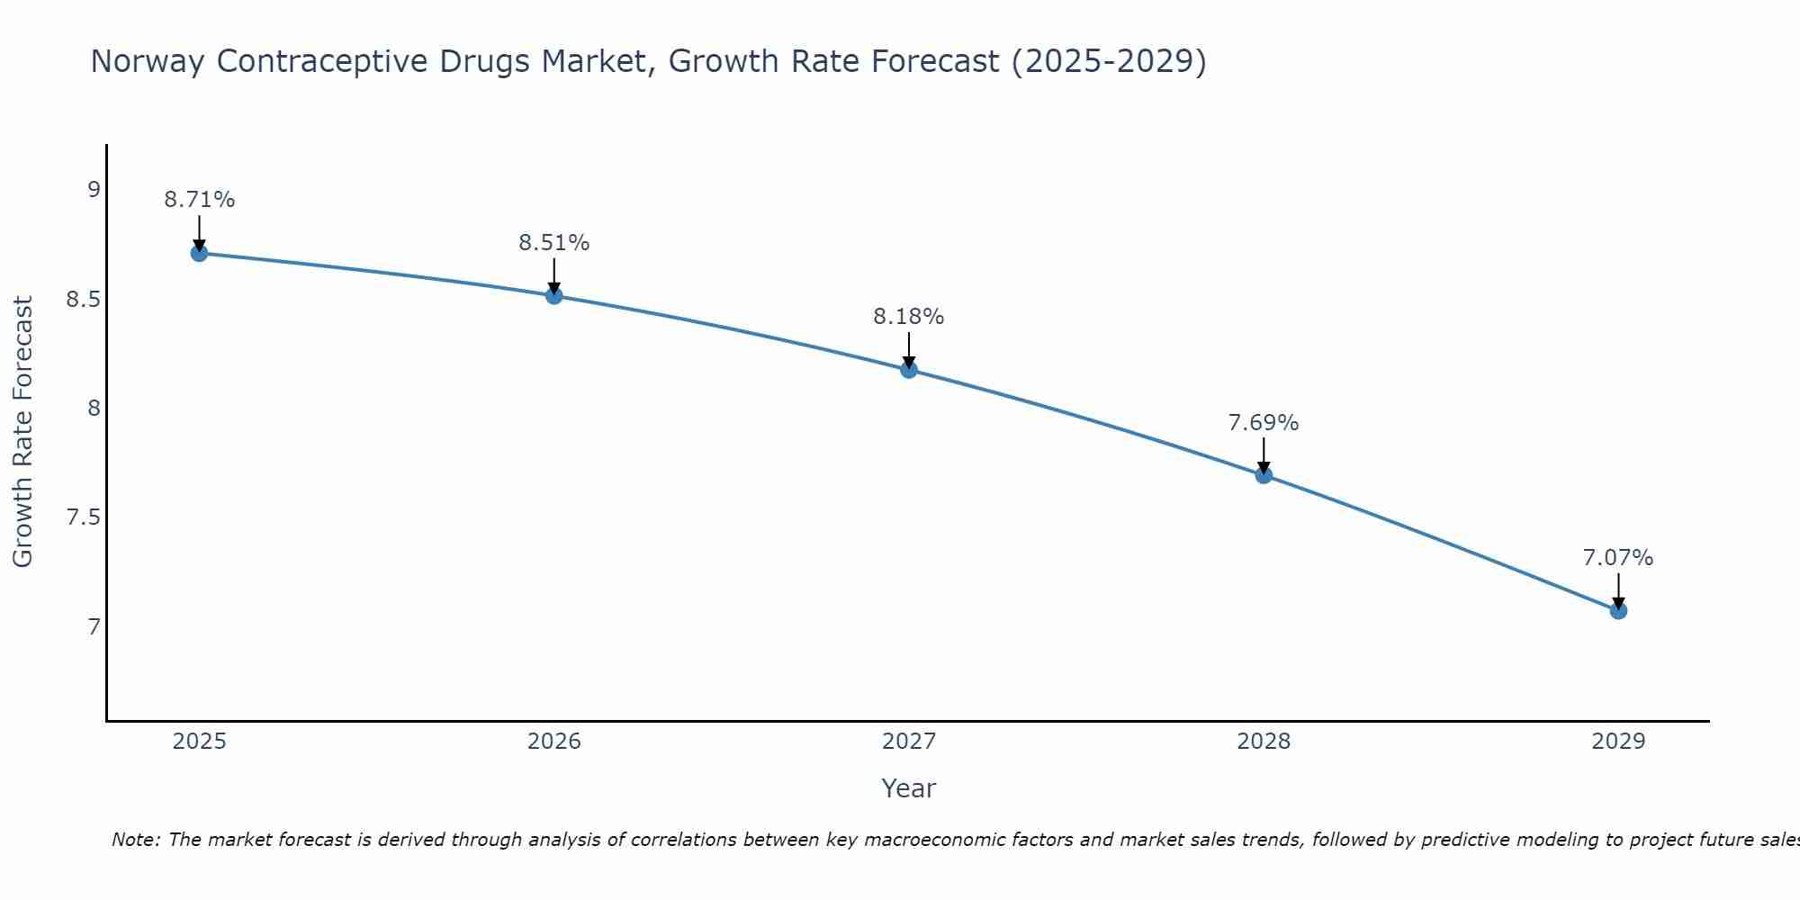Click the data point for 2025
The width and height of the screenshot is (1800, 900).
[199, 253]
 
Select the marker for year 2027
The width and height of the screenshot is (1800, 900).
[909, 369]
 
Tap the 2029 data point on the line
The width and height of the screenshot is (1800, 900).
[1618, 610]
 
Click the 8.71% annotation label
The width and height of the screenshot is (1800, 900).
[199, 200]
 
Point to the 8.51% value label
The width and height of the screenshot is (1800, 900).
[553, 243]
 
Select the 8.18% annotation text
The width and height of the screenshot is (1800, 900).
[908, 317]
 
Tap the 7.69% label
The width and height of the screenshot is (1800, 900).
[1263, 423]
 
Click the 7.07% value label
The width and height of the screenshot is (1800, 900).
[1617, 558]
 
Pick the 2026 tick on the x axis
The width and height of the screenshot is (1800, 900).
[553, 742]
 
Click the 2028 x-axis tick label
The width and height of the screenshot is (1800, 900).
[1263, 742]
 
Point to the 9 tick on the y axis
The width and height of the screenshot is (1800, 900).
[94, 189]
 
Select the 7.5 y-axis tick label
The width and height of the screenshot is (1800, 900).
[83, 517]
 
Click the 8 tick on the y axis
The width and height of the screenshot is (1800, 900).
[94, 408]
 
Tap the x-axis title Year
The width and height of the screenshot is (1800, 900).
[908, 788]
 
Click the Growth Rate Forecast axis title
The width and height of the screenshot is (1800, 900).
[22, 432]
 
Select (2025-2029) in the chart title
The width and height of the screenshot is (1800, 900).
[1109, 61]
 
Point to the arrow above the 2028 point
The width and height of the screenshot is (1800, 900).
[1263, 454]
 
